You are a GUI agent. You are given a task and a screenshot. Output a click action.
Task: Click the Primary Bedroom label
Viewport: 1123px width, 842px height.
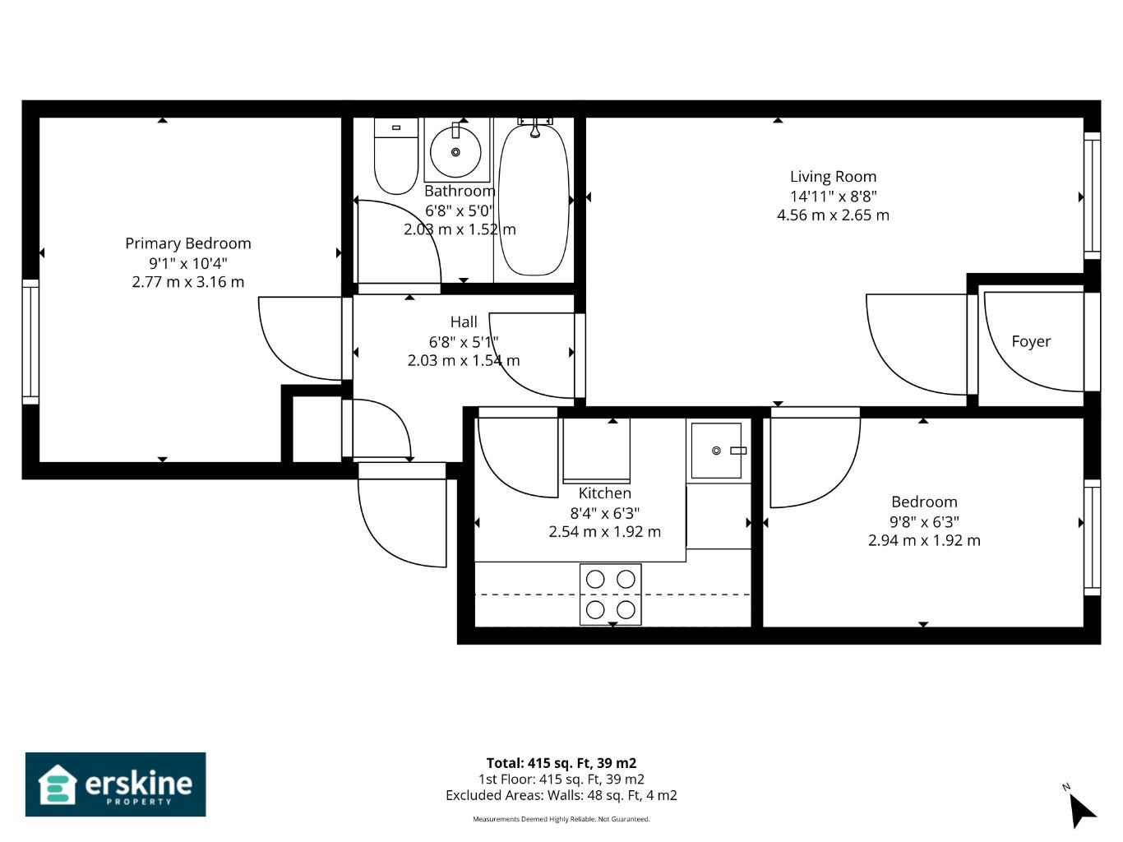[x=188, y=243]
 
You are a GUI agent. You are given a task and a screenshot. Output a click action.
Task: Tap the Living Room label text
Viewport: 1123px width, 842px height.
[x=833, y=177]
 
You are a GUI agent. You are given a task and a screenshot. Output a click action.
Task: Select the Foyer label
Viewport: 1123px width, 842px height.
[x=1031, y=341]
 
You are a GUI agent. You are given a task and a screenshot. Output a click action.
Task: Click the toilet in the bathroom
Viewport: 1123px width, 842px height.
[x=396, y=156]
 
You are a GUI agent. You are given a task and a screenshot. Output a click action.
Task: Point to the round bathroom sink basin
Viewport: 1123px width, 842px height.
[x=455, y=152]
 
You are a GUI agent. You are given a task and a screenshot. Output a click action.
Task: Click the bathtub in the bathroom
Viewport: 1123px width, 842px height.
[x=534, y=200]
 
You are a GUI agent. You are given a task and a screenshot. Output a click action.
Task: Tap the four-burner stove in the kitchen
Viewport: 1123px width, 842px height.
[x=610, y=594]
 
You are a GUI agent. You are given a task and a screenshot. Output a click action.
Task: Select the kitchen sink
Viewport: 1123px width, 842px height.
[x=716, y=451]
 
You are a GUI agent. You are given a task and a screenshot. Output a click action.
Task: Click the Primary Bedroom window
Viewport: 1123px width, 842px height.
[x=30, y=342]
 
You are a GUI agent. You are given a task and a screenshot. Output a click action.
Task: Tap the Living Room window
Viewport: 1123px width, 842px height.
[x=1092, y=196]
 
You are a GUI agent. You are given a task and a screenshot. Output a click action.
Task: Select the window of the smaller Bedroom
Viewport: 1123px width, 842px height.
[x=1092, y=537]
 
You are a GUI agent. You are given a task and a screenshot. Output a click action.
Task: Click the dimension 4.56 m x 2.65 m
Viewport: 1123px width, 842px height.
[x=833, y=215]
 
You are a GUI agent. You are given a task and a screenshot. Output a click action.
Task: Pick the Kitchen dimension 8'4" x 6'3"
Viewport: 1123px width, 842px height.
[x=605, y=512]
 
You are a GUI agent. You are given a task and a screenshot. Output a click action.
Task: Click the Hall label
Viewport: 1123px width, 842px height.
[x=464, y=322]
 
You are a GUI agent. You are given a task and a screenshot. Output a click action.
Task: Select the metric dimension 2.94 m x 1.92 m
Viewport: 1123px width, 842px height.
[x=924, y=540]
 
